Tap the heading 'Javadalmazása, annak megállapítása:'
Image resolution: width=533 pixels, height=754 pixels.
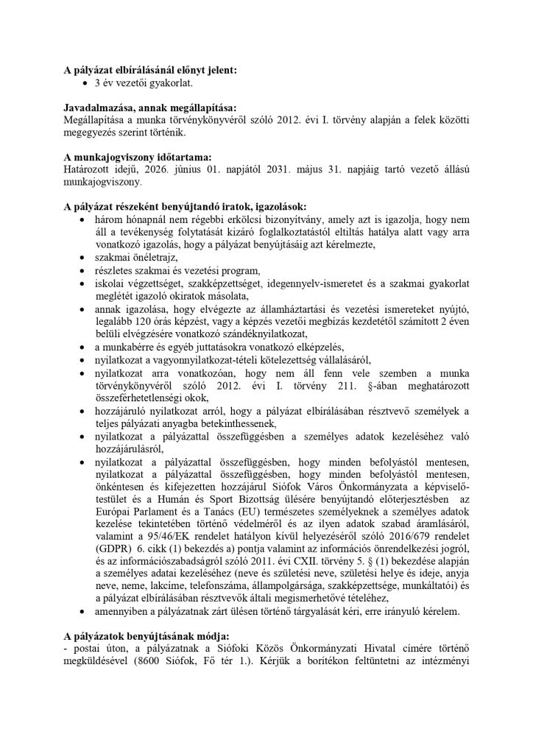(x=150, y=108)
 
